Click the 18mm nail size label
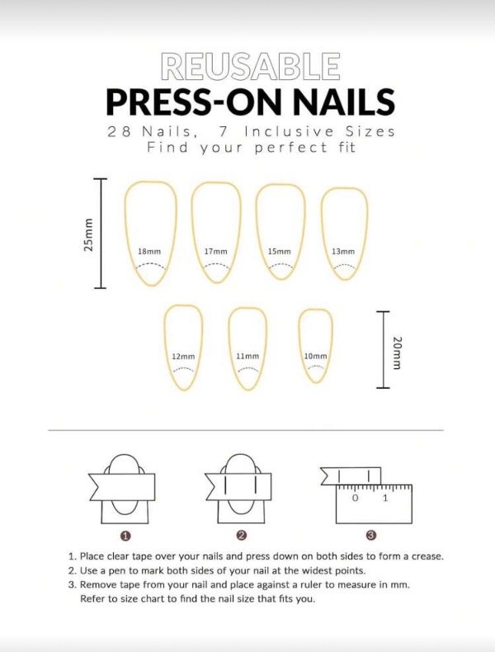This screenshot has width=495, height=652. [x=149, y=252]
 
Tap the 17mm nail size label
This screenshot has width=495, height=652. [x=215, y=252]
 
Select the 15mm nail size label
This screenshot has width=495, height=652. [x=280, y=252]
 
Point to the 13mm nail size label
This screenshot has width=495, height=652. [x=343, y=252]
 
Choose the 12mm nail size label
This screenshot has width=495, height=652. [x=183, y=357]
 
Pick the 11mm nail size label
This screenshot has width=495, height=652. [x=247, y=357]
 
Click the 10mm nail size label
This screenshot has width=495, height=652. [x=315, y=357]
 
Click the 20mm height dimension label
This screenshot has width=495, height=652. [x=397, y=352]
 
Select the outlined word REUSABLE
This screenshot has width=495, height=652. [x=251, y=66]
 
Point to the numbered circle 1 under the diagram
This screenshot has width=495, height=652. [x=126, y=536]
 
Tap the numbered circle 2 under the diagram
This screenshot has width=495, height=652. [x=242, y=536]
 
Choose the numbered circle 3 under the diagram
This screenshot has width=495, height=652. [x=371, y=536]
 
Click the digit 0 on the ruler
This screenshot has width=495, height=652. [x=355, y=498]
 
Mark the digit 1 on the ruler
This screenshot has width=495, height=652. [x=384, y=498]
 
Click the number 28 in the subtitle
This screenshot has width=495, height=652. [x=120, y=132]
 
